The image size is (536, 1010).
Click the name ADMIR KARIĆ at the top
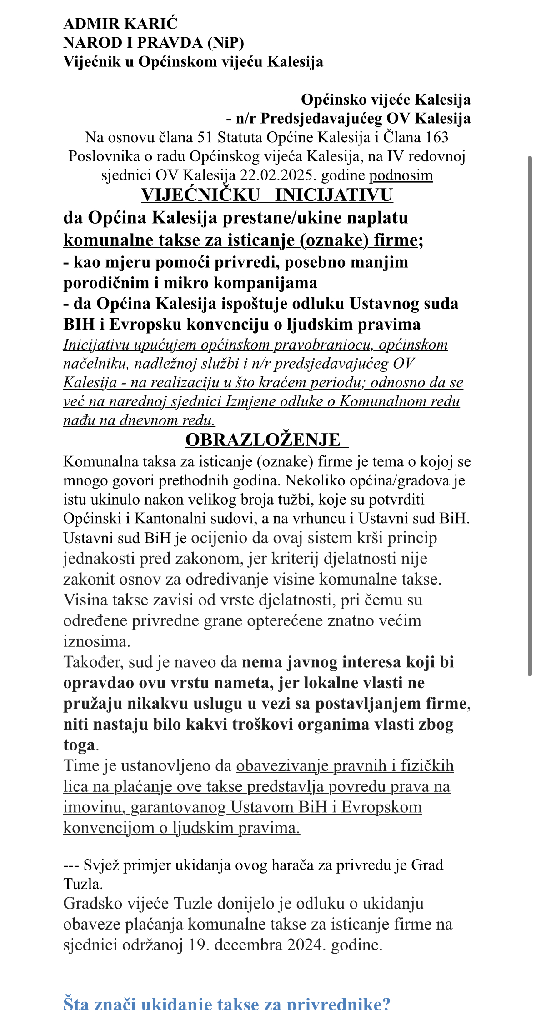coord(120,24)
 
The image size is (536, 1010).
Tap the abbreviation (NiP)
coord(225,43)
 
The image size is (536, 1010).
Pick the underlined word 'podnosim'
coord(401,175)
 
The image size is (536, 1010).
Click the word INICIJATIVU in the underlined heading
coord(334,195)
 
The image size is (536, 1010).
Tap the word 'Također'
coord(93,662)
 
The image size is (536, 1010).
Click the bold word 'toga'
coord(79,745)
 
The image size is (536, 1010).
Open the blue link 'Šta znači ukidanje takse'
coord(227,1004)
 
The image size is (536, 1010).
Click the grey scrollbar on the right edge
coord(529,416)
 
